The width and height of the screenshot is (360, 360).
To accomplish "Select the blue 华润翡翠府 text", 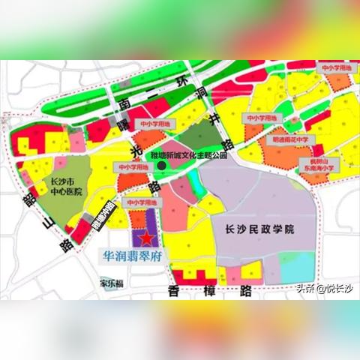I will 135,256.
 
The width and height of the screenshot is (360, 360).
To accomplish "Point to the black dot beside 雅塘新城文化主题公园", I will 162,166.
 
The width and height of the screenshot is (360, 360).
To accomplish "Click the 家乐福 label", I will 112,283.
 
